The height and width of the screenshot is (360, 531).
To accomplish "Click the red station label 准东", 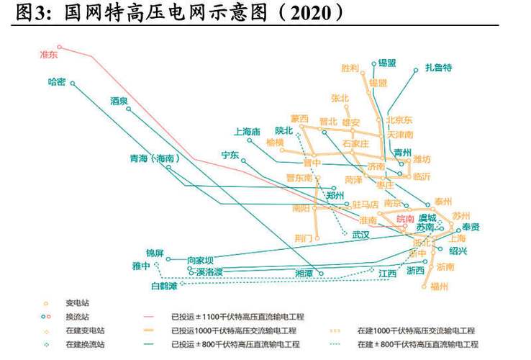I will click(48, 55).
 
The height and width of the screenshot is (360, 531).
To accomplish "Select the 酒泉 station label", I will click(119, 102).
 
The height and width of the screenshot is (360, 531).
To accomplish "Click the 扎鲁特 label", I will click(437, 68).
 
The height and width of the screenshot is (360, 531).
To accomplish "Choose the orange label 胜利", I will click(350, 68).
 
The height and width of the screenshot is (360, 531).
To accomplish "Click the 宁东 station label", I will click(230, 155).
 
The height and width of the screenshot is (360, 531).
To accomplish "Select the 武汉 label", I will click(360, 235).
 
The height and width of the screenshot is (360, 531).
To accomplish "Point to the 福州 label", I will click(439, 287).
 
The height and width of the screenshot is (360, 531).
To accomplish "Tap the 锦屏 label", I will click(155, 253).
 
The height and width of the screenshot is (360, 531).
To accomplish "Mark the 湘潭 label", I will click(304, 274).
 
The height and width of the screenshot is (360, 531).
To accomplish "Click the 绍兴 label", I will click(458, 251).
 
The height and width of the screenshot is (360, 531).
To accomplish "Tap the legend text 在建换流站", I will click(84, 344).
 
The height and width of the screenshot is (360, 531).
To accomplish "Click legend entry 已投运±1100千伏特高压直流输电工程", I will click(237, 316).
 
